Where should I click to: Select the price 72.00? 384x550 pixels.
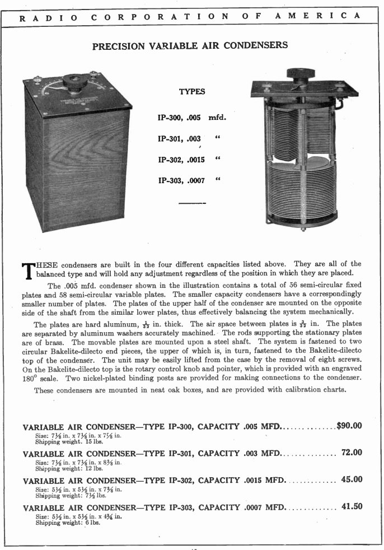352,452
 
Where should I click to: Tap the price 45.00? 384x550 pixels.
352,479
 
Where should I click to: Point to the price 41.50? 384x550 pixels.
352,506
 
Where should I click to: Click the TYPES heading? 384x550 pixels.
192,92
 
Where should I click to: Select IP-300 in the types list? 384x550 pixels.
170,118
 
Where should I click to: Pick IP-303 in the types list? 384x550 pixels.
170,180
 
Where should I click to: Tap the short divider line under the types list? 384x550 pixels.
192,203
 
